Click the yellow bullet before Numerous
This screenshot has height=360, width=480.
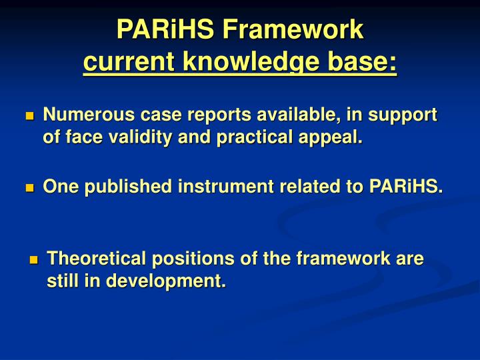click(x=29, y=117)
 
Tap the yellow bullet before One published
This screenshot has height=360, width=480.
click(x=29, y=189)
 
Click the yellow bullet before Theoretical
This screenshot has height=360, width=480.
click(x=34, y=260)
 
